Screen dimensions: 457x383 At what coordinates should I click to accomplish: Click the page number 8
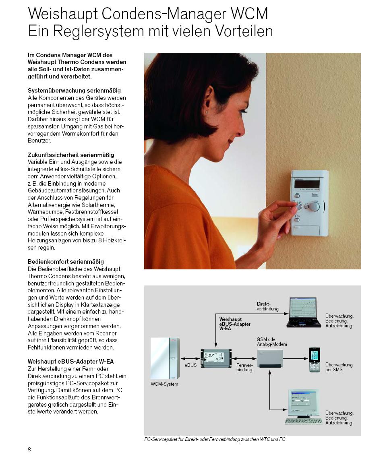(29, 449)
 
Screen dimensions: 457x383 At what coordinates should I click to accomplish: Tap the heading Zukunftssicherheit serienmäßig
(71, 155)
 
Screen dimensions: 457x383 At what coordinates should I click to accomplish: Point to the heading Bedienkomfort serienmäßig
(66, 262)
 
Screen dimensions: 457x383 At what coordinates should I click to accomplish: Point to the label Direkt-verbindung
(267, 306)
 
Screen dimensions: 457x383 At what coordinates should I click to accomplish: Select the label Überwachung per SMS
(339, 367)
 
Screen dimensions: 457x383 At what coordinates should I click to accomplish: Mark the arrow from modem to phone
(296, 358)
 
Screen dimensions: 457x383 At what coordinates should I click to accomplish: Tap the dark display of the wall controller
(306, 184)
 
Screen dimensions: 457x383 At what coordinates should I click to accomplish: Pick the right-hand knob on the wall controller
(315, 207)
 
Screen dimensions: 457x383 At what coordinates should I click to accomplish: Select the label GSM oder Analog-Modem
(272, 342)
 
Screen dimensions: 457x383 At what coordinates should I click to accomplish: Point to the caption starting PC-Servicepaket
(215, 439)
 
